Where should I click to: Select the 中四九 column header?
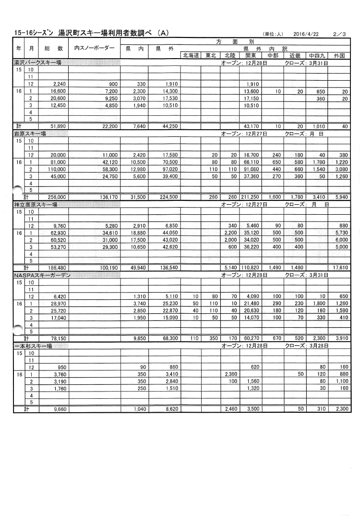317,55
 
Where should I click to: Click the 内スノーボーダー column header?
95,49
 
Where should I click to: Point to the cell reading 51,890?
55,126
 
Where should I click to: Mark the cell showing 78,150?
55,338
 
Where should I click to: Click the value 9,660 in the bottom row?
56,409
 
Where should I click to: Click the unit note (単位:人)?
273,34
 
